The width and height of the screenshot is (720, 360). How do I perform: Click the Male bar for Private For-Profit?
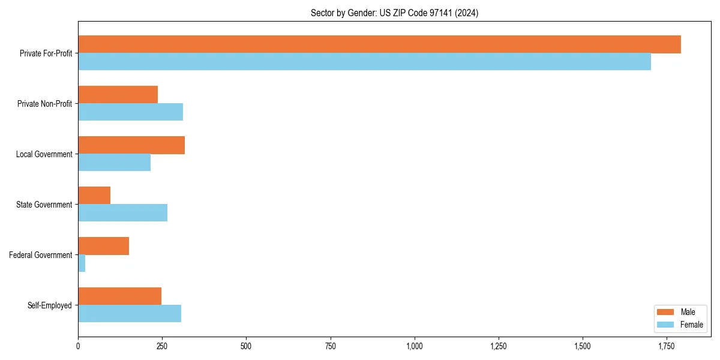click(x=379, y=44)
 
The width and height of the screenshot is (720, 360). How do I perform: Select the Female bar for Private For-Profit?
click(x=364, y=62)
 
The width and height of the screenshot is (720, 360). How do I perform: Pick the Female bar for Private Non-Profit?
click(x=130, y=112)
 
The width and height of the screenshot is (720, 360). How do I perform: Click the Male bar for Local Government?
click(x=131, y=145)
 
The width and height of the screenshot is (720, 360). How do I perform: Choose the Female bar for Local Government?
click(x=114, y=163)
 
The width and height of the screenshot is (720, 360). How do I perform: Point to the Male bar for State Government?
click(x=94, y=196)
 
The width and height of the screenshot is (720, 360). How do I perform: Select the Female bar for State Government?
click(x=122, y=213)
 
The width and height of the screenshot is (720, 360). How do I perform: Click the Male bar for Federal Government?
click(x=103, y=246)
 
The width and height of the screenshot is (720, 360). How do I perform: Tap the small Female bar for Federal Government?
click(x=82, y=263)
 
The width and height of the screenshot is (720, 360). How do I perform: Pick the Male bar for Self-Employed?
click(x=119, y=296)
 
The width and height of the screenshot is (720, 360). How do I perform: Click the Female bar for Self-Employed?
click(x=130, y=314)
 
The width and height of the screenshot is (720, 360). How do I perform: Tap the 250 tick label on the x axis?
click(x=162, y=346)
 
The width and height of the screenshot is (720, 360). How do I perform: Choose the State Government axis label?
click(x=44, y=205)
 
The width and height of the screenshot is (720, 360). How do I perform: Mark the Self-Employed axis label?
click(x=49, y=305)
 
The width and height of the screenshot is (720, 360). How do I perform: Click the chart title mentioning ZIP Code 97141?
click(x=394, y=13)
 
